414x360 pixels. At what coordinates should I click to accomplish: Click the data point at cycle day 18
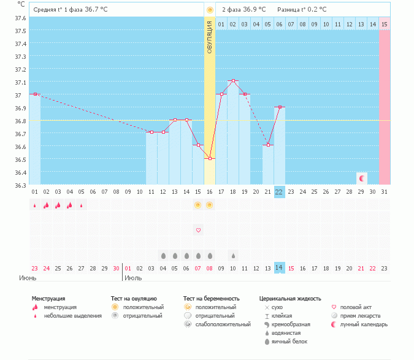pos(232,81)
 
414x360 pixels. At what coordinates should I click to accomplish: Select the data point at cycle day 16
pos(210,158)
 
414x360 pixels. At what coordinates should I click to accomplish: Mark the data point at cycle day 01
pos(35,94)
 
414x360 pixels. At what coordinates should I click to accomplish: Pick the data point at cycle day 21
pos(267,145)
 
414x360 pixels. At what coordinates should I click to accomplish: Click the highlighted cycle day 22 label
pos(279,191)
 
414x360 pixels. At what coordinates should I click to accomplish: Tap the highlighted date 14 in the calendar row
pos(279,268)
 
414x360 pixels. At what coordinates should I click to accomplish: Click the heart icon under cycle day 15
pos(198,230)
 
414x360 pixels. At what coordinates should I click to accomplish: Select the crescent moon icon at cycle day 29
pos(362,178)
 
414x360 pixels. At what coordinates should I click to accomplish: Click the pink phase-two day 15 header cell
pos(384,24)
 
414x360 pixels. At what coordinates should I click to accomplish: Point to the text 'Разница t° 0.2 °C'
pos(302,10)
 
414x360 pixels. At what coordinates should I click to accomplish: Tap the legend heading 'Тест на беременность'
pos(211,298)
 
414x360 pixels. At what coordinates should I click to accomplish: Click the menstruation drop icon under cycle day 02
pos(46,205)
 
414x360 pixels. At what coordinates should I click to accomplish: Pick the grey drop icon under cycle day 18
pos(233,255)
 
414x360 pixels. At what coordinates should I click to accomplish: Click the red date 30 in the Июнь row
pos(116,268)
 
